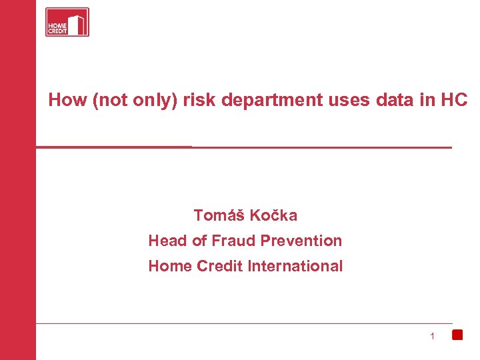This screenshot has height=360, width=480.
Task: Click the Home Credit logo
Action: click(67, 22)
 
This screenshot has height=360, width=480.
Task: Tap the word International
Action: click(295, 266)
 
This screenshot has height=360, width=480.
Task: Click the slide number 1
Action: click(432, 336)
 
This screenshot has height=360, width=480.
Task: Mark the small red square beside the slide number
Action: click(457, 335)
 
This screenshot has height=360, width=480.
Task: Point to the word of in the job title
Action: click(199, 241)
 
